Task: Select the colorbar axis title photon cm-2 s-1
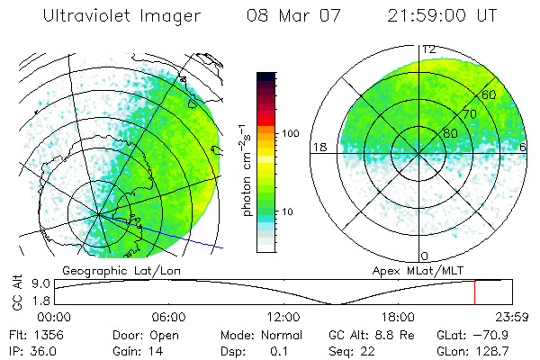tap(246, 167)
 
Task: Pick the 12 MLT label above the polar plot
tap(430, 49)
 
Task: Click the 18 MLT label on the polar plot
tap(318, 147)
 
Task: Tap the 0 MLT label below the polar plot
tap(424, 256)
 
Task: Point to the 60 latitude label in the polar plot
tap(490, 94)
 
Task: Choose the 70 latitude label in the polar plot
tap(468, 114)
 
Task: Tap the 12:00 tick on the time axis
tap(283, 317)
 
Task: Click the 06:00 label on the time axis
tap(168, 317)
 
